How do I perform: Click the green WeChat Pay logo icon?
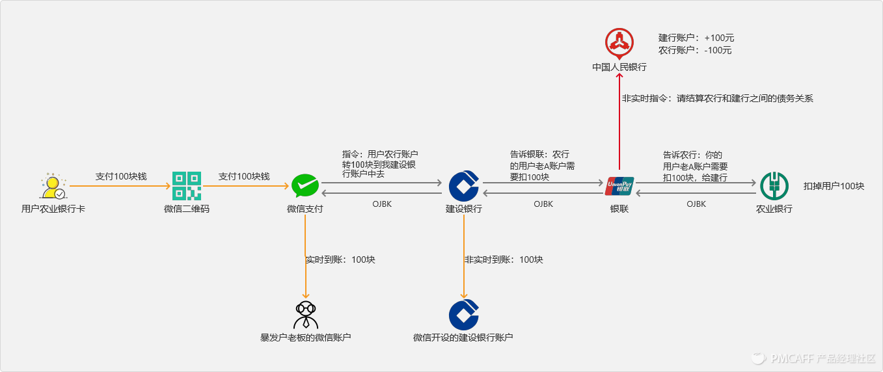tap(305, 186)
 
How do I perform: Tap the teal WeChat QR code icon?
tap(187, 186)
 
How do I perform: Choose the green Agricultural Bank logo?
tap(774, 186)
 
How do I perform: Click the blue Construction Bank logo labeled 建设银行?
tap(463, 186)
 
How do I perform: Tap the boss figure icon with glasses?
tap(305, 315)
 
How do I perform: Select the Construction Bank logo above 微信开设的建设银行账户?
tap(463, 315)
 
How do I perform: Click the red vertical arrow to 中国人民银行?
tap(619, 124)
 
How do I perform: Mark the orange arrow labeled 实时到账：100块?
tap(305, 260)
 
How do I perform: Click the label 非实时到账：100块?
tap(503, 259)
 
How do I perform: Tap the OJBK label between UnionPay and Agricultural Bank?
tap(696, 204)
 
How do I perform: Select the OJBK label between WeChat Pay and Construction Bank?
tap(381, 204)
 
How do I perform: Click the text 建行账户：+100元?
tap(696, 38)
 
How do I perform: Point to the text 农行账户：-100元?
tap(695, 50)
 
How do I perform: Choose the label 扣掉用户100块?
tap(834, 186)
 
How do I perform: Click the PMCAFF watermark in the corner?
tap(813, 358)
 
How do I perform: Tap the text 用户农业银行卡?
tap(53, 209)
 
